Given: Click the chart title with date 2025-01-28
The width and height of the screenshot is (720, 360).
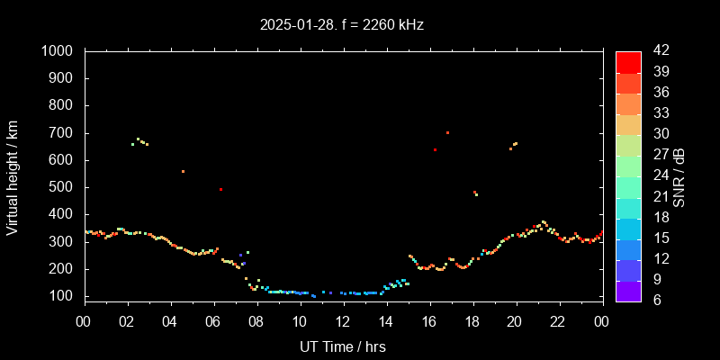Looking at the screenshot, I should (342, 25).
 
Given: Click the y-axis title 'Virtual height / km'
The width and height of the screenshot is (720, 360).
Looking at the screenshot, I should (13, 179).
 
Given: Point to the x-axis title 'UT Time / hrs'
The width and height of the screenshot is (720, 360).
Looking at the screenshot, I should (343, 346).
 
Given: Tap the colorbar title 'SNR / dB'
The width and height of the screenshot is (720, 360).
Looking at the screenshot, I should (679, 177).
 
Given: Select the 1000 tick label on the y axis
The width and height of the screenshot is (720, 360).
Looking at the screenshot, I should (58, 51).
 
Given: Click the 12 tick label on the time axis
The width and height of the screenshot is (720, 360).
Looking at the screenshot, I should (343, 321).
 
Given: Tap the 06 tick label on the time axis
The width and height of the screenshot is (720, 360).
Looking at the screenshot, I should (213, 321).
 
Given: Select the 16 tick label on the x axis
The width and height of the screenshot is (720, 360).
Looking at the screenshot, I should (429, 321).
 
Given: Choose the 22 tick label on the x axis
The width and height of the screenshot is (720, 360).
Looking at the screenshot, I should (559, 321).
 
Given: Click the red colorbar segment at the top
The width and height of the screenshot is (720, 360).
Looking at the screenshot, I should (628, 61).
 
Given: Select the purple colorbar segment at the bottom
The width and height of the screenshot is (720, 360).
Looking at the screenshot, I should (628, 290).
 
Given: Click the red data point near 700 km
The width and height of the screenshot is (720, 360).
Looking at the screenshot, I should (447, 132).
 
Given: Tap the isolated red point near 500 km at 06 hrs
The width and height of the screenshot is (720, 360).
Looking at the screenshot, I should (220, 189).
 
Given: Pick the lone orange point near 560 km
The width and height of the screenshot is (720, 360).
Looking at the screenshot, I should (183, 171).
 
